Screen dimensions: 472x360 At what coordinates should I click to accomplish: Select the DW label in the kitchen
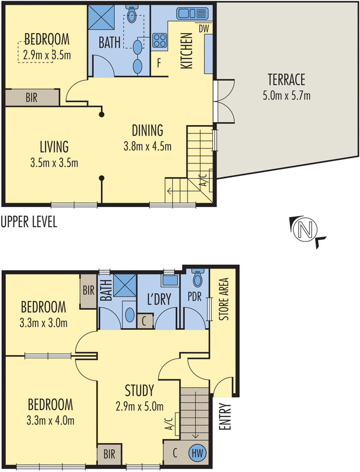[204, 28]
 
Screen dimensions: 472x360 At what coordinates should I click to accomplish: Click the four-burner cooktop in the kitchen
[160, 41]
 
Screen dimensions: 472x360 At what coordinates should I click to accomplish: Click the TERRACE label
[286, 80]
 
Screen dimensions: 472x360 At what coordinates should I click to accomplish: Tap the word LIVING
[54, 146]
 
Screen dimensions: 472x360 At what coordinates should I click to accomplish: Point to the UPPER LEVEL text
[29, 222]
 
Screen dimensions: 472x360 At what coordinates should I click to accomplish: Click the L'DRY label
[159, 300]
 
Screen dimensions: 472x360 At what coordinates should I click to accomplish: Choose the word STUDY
[139, 390]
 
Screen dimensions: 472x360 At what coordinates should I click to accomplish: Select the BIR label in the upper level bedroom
[31, 98]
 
